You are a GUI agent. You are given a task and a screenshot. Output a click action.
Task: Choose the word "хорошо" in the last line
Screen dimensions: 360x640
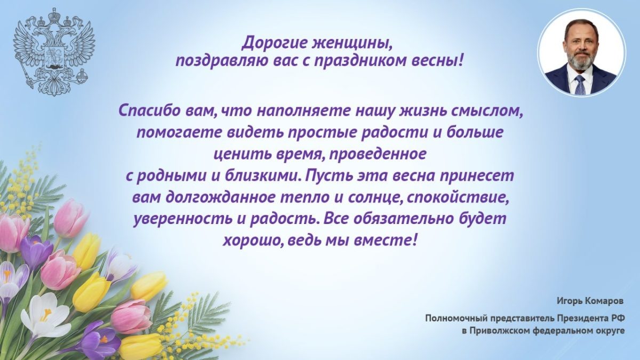click(x=253, y=240)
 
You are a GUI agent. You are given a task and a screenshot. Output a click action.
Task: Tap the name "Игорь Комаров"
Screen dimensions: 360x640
click(x=590, y=301)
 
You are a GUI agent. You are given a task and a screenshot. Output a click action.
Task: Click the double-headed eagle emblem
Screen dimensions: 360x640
click(x=53, y=51)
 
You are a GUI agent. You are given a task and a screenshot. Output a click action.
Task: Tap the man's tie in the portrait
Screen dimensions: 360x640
click(x=580, y=84)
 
